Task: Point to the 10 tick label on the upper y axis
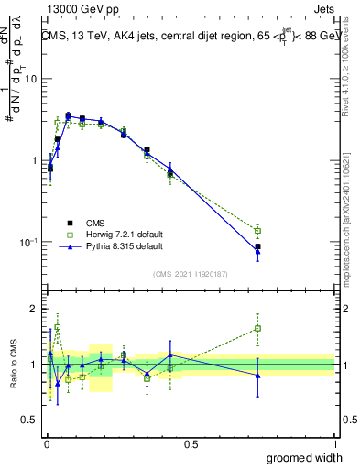click(29, 79)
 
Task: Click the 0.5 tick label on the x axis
click(191, 444)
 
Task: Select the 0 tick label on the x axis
click(46, 444)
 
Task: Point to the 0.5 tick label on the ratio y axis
click(27, 420)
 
